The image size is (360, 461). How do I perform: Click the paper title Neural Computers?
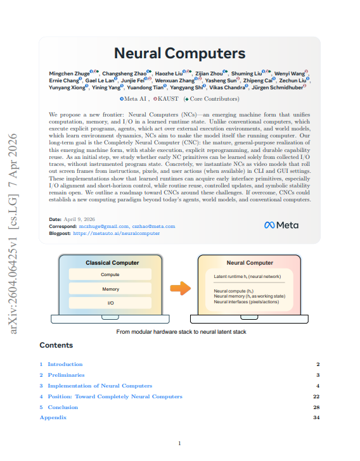(x=179, y=54)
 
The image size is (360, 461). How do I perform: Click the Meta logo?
(x=281, y=225)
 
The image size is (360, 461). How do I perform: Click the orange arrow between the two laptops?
(x=181, y=289)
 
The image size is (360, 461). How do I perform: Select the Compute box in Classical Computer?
(x=110, y=275)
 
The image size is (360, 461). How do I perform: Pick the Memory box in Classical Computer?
(x=110, y=289)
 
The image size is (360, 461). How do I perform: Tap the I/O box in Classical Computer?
(x=110, y=304)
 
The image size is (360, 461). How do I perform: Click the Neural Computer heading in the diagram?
(x=250, y=263)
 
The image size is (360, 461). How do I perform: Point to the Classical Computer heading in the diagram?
(x=112, y=263)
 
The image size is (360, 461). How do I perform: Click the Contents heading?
(x=56, y=346)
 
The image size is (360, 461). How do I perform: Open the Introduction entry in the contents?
(x=65, y=364)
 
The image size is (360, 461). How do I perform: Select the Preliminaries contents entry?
(x=65, y=375)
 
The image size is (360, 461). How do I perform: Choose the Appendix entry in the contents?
(x=53, y=417)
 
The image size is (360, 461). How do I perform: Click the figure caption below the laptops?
(x=181, y=332)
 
